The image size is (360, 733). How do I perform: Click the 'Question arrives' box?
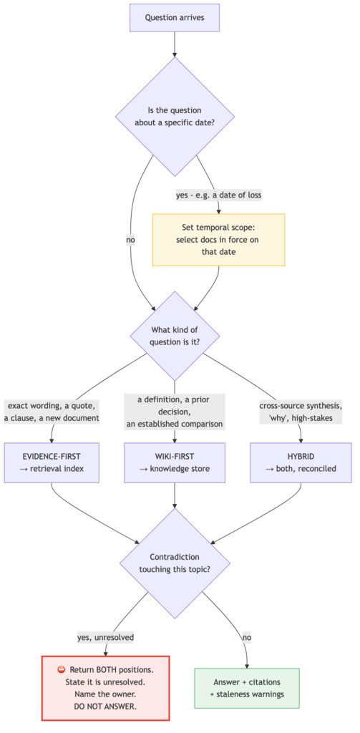tap(175, 18)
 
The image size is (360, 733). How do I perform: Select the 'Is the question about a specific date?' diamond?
tap(175, 117)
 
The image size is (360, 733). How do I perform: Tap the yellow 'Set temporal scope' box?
tap(218, 240)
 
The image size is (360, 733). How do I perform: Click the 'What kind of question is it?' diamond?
tap(175, 336)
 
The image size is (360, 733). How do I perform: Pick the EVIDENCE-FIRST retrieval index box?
tap(52, 463)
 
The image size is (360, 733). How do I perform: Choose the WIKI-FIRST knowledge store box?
tap(175, 463)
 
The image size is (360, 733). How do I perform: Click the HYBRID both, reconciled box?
tap(301, 463)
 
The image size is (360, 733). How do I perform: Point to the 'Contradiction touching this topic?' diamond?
tap(175, 563)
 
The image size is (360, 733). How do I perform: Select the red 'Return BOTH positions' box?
tap(106, 688)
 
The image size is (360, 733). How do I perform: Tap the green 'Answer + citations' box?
tap(247, 688)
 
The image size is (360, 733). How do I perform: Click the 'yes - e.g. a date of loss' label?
tap(218, 195)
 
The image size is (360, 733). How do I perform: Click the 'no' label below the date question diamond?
tap(130, 240)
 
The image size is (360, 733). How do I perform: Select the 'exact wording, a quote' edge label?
tap(52, 412)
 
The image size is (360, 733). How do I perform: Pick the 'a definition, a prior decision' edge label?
tap(175, 412)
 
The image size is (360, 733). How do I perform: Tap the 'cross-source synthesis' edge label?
tap(301, 412)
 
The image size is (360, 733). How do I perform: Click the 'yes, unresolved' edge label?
tap(106, 636)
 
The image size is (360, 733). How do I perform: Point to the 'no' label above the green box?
tap(246, 636)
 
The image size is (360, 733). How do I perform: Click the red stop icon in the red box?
tap(62, 670)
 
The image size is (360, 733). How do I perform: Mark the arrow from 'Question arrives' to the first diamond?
tap(175, 44)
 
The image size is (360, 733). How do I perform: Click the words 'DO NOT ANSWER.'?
tap(106, 707)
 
